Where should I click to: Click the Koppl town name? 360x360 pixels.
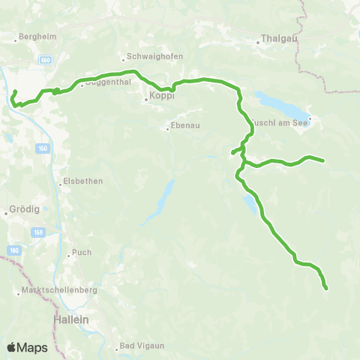[160, 97]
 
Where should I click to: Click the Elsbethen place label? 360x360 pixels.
[83, 181]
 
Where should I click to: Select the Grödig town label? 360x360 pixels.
[19, 211]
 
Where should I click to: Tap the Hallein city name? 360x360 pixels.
[71, 319]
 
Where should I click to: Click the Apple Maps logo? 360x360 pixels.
[27, 347]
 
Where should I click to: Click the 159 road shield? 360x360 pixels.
[37, 232]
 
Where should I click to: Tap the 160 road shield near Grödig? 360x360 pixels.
[15, 250]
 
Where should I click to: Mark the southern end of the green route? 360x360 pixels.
[326, 288]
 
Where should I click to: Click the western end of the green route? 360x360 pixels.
[15, 91]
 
